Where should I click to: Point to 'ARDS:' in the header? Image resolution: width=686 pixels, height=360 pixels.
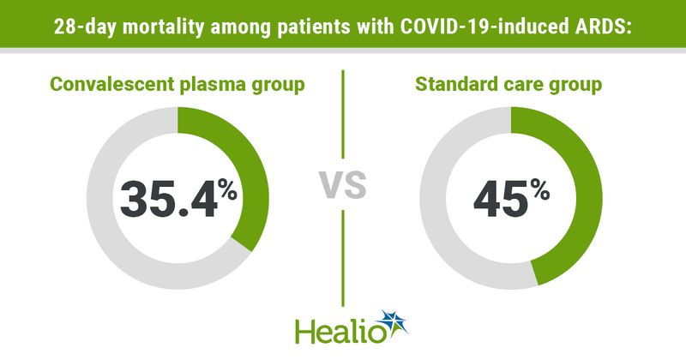(x=600, y=27)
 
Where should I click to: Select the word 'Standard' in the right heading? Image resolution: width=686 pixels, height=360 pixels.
(x=453, y=86)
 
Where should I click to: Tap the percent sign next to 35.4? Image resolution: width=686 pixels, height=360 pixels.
(x=226, y=187)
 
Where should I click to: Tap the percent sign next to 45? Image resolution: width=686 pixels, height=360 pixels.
(x=539, y=187)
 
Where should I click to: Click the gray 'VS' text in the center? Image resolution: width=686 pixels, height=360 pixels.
(x=343, y=183)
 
